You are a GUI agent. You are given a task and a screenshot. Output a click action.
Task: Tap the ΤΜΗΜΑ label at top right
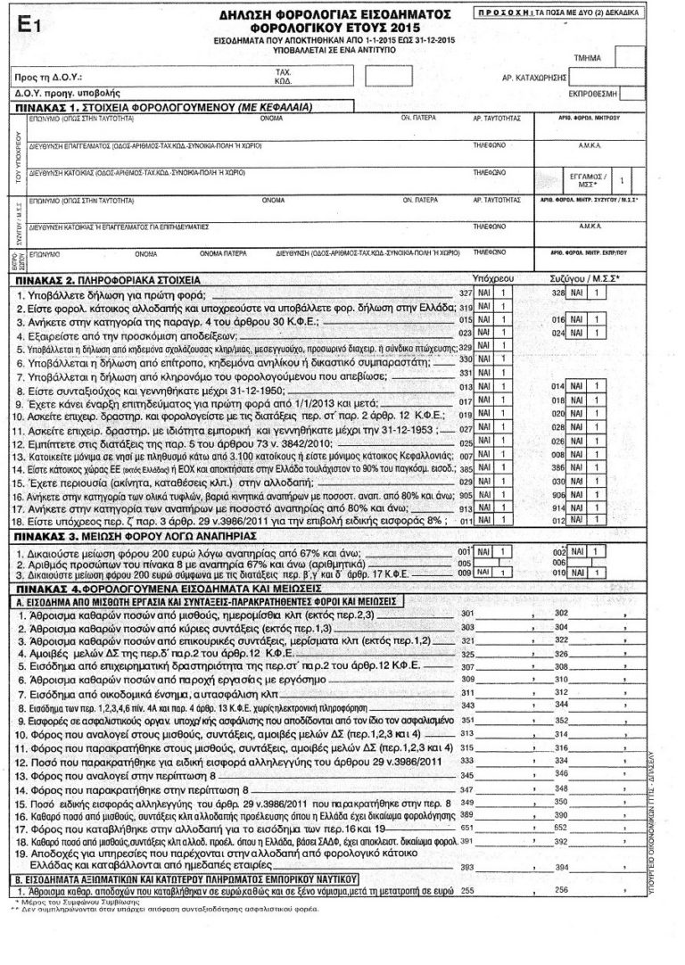click(x=590, y=57)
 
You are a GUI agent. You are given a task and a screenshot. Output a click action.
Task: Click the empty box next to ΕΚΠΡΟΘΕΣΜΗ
click(x=630, y=93)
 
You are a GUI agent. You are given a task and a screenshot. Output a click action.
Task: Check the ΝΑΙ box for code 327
click(x=486, y=293)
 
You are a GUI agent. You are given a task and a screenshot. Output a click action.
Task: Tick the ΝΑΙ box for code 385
click(x=486, y=468)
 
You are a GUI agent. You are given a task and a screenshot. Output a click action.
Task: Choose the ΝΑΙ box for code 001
click(x=486, y=552)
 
